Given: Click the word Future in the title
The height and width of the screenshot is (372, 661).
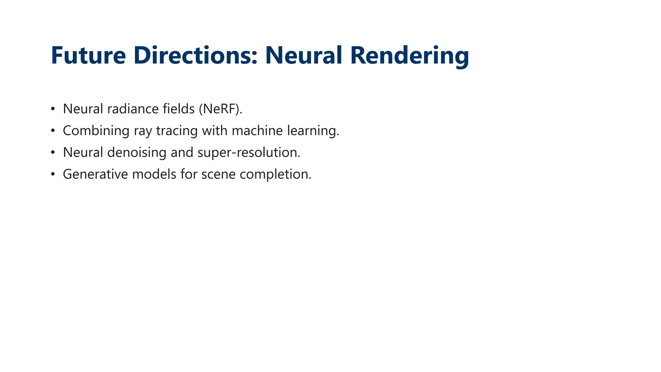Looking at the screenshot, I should click(x=88, y=56).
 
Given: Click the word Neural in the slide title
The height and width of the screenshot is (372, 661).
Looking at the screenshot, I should click(x=303, y=56).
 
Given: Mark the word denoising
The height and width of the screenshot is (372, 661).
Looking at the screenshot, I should click(x=137, y=152).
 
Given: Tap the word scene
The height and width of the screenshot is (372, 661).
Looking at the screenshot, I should click(x=219, y=174).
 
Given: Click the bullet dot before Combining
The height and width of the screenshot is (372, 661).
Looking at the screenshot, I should click(x=53, y=131).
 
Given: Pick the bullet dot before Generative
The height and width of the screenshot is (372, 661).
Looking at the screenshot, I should click(x=53, y=174).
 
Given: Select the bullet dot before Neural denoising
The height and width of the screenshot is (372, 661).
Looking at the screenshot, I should click(x=53, y=152).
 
